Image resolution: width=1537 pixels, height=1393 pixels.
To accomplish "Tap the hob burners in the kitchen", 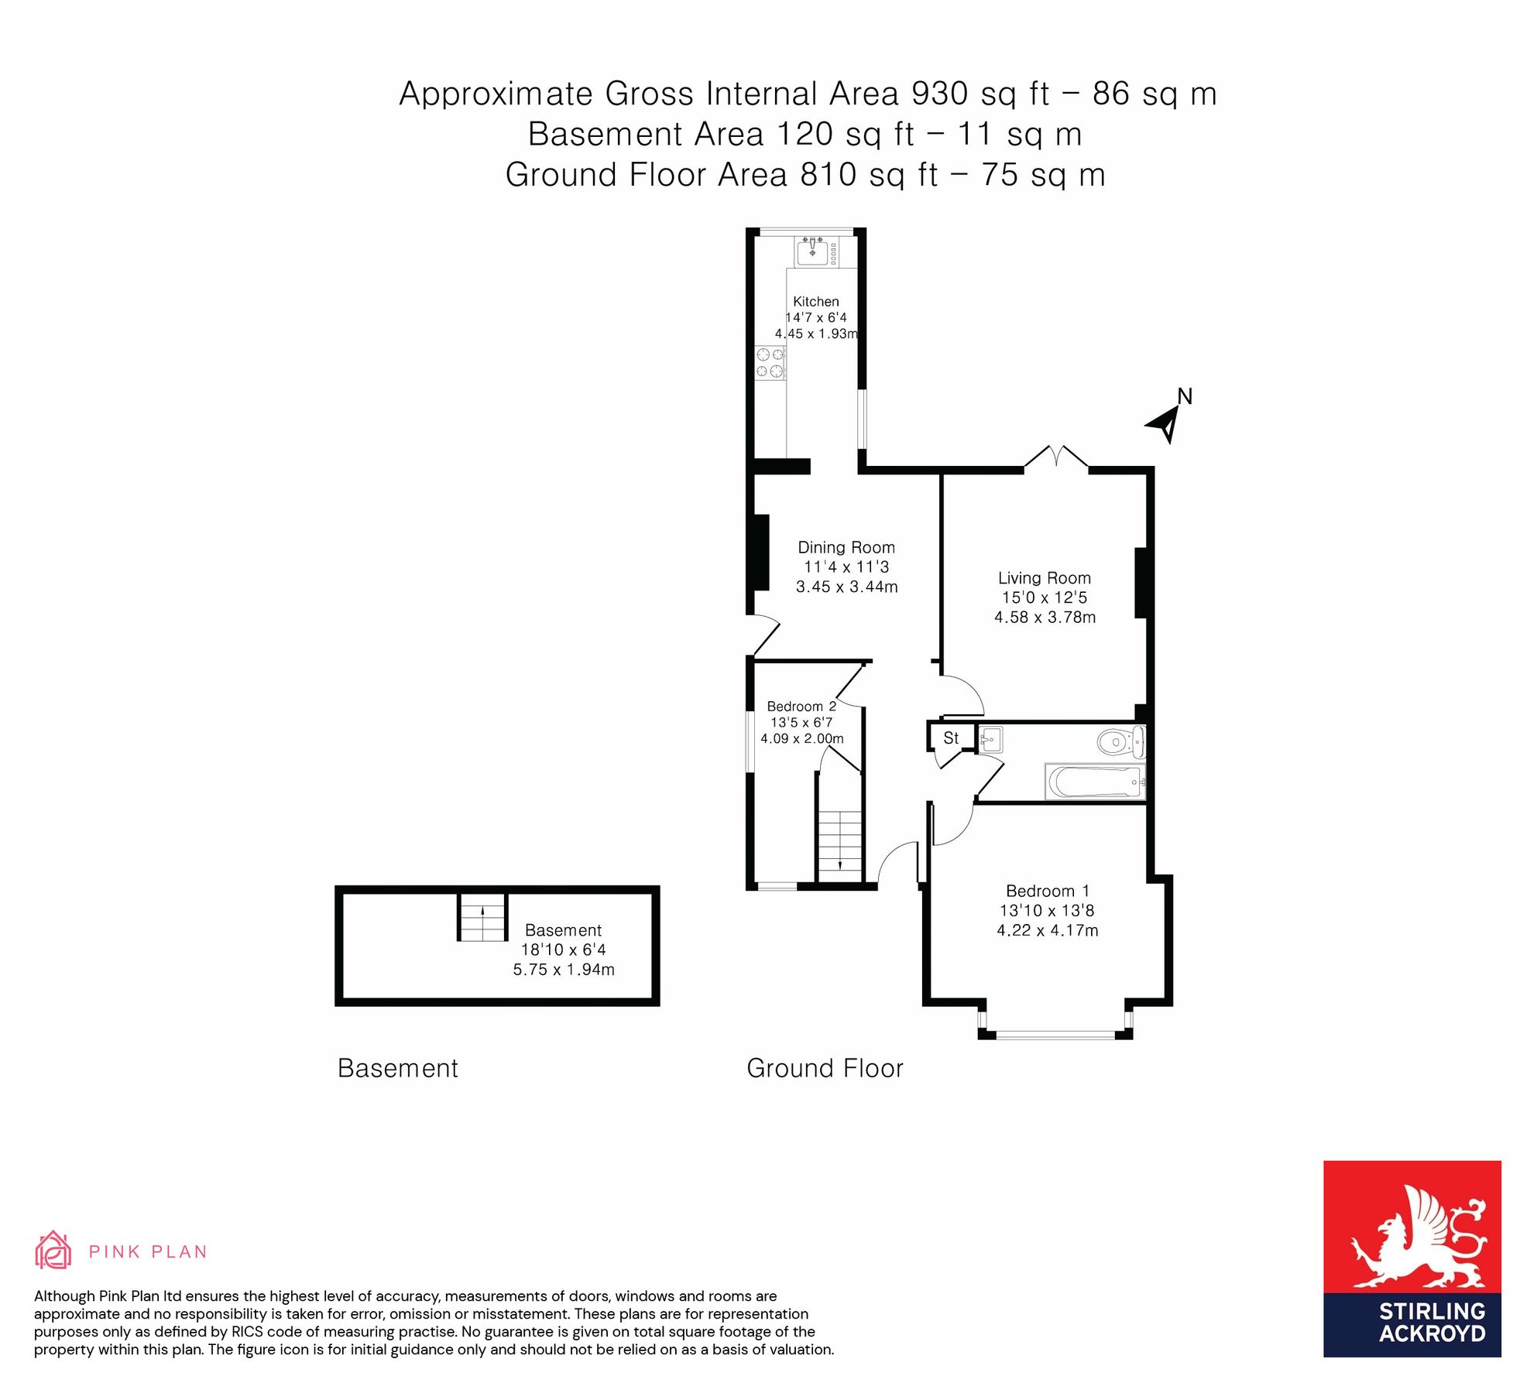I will coord(770,363).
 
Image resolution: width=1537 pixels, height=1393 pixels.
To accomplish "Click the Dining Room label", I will coord(846,548).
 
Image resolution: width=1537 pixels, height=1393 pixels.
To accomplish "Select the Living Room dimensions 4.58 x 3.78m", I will coord(1045,618).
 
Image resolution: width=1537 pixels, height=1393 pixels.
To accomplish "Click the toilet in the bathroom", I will coord(1118,742).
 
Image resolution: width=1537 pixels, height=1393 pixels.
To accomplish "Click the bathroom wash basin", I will coord(990,739).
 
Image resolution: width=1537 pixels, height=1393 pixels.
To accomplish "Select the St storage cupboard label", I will coord(951,738).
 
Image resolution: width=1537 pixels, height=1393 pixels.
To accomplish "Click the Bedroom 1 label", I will coord(1047,892).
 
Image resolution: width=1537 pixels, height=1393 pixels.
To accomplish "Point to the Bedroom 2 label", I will coord(801,707).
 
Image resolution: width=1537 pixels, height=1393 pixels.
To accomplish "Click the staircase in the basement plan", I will coord(482,917).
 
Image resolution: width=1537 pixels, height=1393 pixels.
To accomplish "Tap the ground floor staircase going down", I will coord(840,844).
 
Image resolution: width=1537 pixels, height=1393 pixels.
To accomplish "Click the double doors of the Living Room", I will coord(1056,457).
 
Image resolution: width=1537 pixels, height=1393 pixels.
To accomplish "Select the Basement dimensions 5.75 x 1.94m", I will coord(564,970).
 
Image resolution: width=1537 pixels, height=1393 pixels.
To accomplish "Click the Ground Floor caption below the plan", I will coord(825,1069).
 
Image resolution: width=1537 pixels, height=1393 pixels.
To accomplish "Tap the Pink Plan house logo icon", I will coord(53,1251).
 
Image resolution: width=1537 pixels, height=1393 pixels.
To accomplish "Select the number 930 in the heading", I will coord(939,94).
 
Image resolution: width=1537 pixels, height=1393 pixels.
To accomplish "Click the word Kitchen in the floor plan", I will coord(815,302).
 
